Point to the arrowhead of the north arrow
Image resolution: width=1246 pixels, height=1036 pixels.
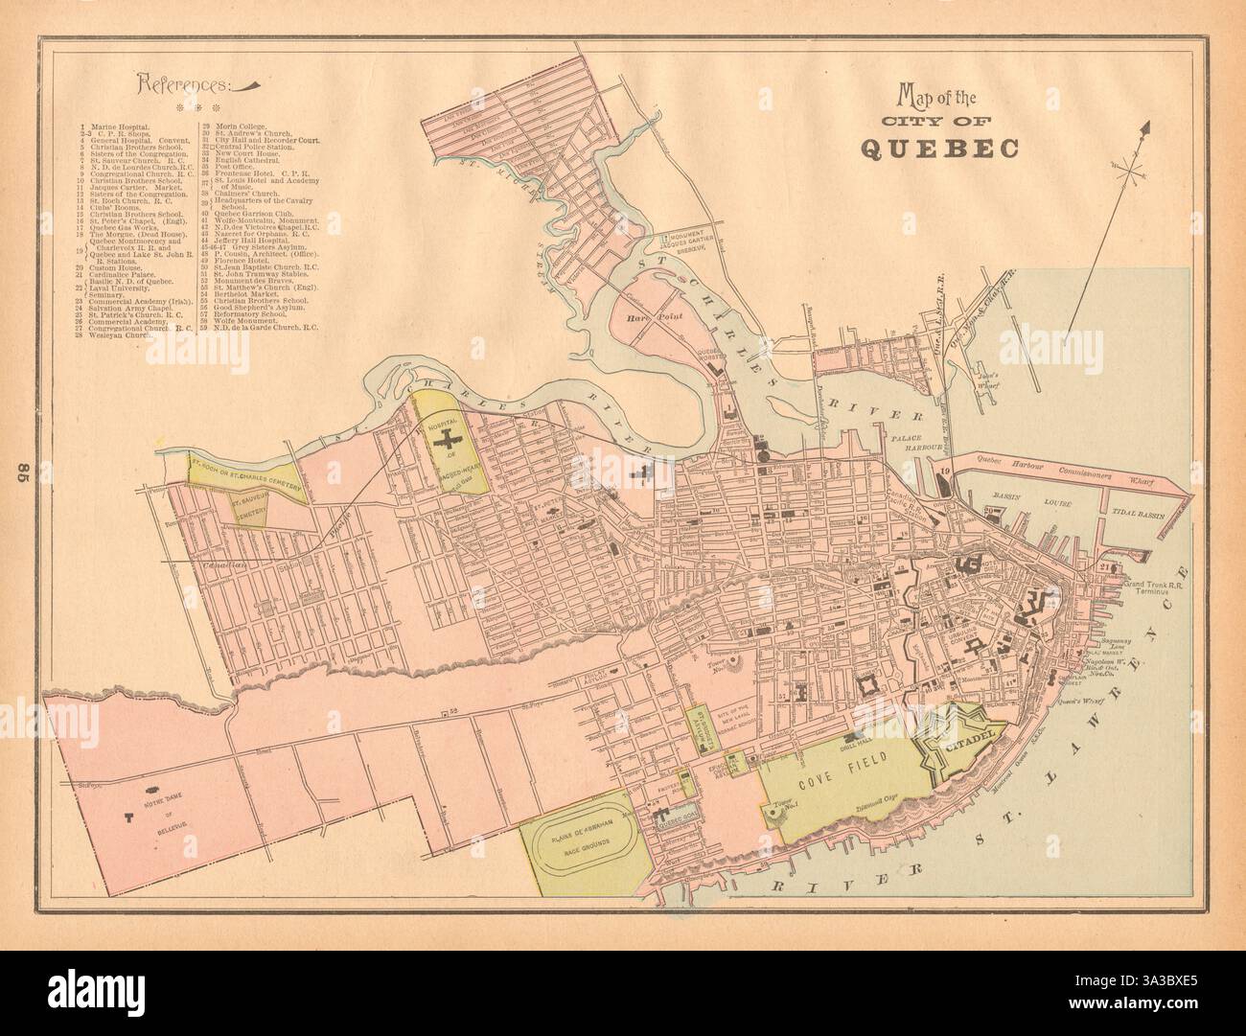click(1144, 126)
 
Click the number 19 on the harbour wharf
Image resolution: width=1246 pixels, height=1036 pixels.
click(944, 472)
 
